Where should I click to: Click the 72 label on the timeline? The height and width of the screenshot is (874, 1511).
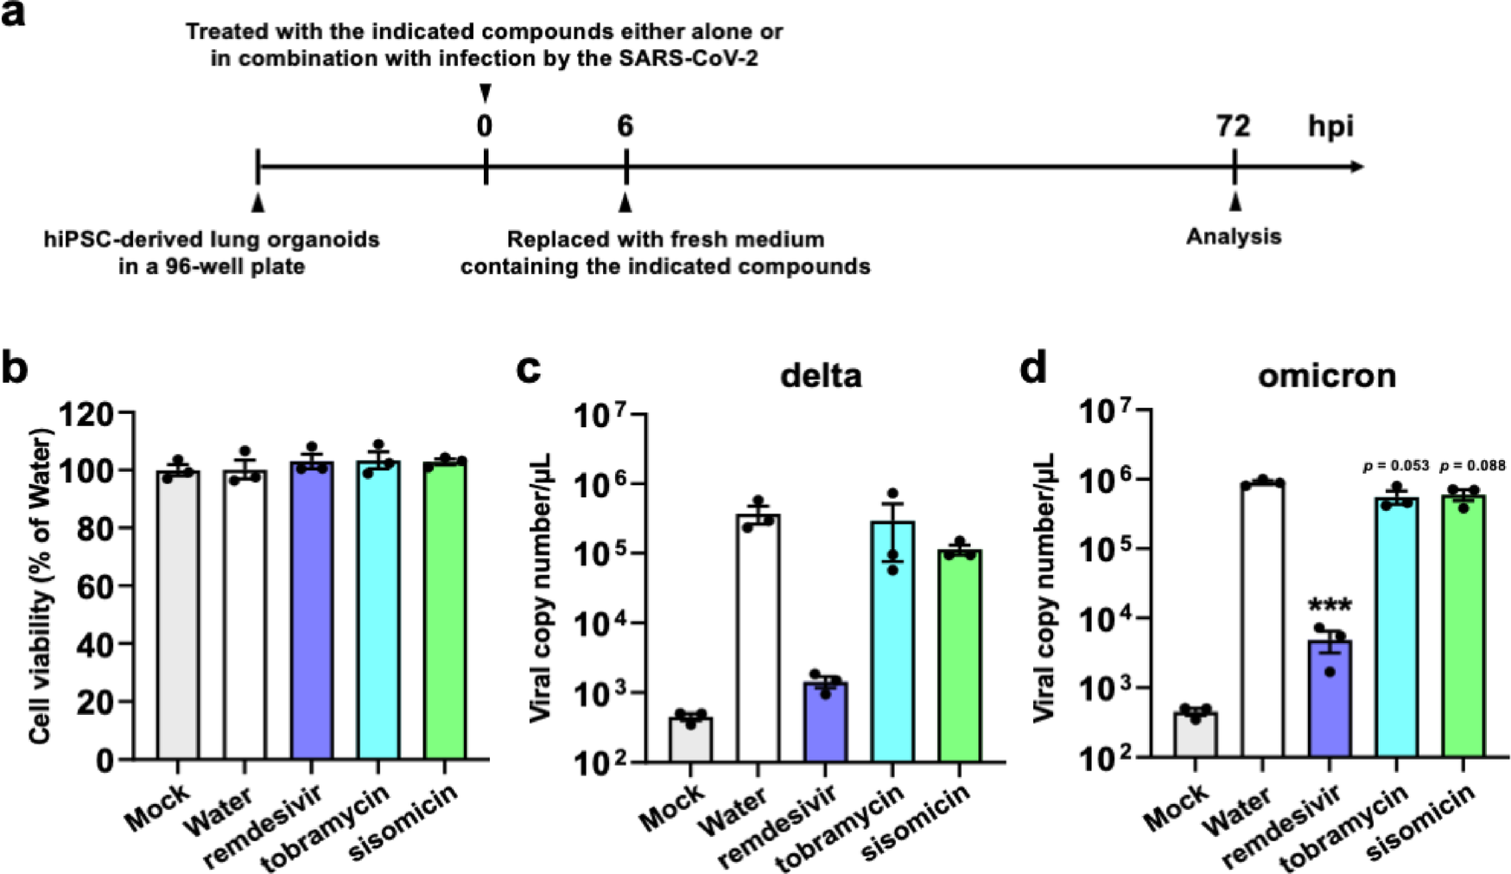click(x=1233, y=127)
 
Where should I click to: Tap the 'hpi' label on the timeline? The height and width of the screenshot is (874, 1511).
click(x=1330, y=128)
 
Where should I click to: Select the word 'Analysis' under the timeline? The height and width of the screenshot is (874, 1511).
click(x=1234, y=236)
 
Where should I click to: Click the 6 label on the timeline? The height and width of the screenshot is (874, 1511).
click(x=625, y=127)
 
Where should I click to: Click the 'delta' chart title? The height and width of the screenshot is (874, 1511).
click(x=821, y=376)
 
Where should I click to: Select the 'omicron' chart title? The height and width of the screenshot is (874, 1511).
click(x=1327, y=376)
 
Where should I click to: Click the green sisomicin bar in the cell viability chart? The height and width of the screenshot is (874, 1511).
click(x=445, y=610)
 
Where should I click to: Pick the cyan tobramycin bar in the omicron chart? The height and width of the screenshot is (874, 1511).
click(x=1397, y=627)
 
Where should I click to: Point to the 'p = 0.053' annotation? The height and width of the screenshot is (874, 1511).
click(x=1394, y=465)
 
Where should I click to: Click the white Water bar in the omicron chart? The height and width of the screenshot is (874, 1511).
click(x=1262, y=620)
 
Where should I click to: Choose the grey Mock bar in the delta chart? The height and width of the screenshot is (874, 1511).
click(x=690, y=740)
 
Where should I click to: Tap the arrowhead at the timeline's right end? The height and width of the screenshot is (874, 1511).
click(x=1357, y=166)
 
